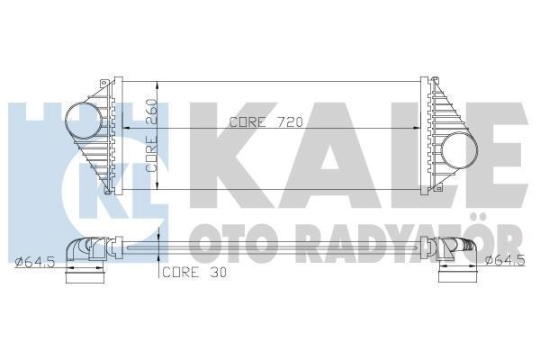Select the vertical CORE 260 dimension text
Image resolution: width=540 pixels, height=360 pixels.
pyautogui.click(x=154, y=134)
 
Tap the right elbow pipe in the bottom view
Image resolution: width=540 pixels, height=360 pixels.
pyautogui.click(x=456, y=249)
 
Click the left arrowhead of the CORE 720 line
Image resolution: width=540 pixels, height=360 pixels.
pyautogui.click(x=123, y=130)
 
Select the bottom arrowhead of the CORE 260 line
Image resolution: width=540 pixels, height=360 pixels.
pyautogui.click(x=158, y=192)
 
